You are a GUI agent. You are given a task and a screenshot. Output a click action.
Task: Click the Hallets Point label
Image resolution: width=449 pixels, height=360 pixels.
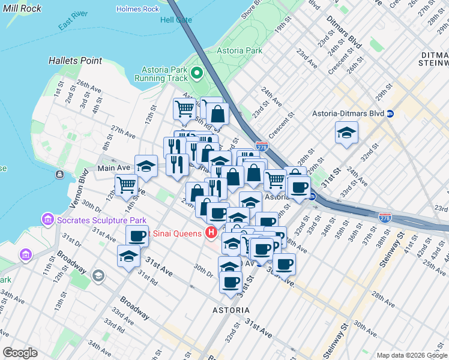point(75,61)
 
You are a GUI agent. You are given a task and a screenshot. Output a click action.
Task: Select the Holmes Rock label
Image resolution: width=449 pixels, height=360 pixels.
point(137,9)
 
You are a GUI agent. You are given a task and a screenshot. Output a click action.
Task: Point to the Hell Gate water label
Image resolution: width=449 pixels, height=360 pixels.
point(176,20)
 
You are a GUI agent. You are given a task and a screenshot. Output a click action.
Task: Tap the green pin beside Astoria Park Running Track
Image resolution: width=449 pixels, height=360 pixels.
point(197,74)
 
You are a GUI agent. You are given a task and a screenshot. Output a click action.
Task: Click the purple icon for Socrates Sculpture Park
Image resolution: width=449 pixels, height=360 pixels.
point(47,220)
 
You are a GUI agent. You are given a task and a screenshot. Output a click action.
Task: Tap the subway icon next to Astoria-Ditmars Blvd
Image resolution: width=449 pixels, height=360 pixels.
point(390,113)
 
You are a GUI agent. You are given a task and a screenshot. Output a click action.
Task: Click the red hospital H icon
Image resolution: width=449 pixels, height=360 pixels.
point(211,233)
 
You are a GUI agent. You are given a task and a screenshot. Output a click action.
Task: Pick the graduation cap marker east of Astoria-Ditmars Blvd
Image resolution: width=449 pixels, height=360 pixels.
point(346,133)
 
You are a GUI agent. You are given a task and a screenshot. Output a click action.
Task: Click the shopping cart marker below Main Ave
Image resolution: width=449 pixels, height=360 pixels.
point(126,185)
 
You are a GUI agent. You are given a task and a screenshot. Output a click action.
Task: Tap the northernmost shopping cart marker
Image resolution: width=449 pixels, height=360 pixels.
point(184,109)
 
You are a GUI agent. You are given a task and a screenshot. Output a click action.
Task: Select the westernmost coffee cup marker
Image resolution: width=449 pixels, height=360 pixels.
point(137,236)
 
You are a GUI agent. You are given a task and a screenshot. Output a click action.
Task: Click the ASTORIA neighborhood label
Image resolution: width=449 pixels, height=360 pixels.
point(231,310)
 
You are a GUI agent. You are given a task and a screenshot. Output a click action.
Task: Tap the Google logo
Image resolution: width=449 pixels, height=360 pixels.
point(20,353)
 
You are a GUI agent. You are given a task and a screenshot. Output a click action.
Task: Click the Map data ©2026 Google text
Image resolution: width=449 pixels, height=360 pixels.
point(411,355)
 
